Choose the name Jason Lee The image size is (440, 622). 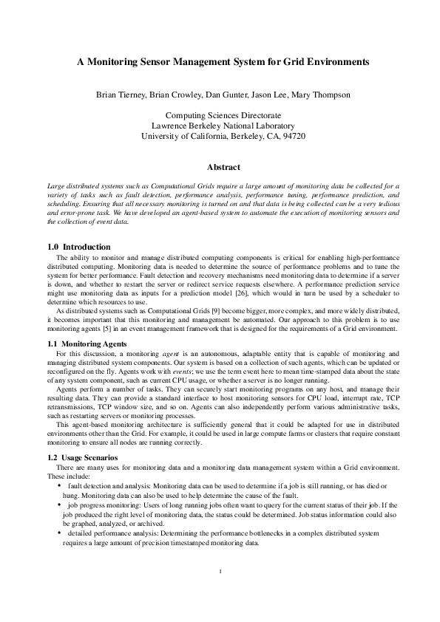coord(273,95)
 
